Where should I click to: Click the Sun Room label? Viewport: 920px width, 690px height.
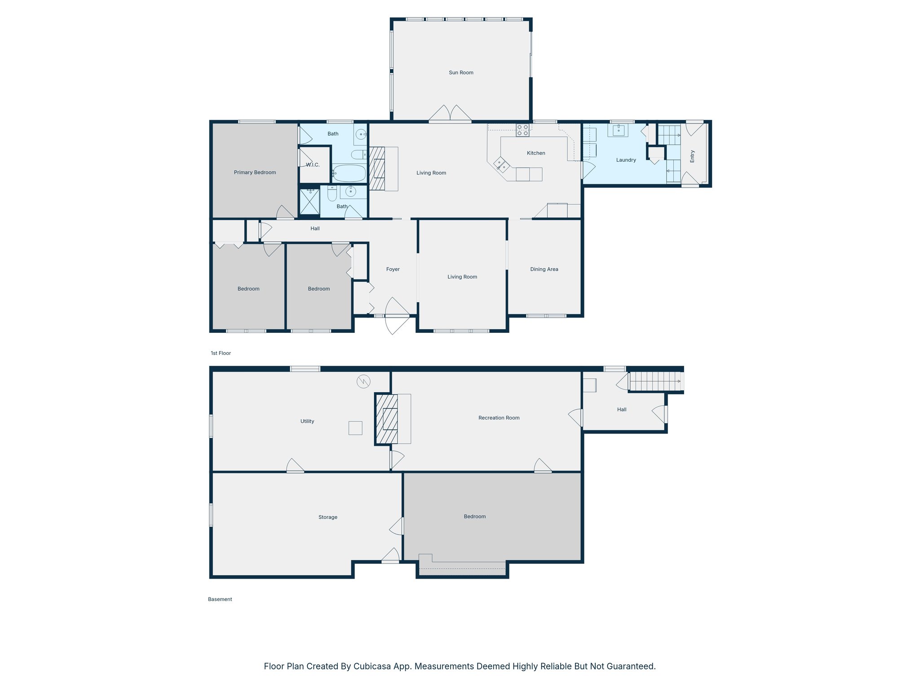461,72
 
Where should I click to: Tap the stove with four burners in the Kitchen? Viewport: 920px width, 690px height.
522,130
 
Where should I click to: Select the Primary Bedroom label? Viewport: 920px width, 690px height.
255,172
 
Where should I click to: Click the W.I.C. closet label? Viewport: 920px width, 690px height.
313,165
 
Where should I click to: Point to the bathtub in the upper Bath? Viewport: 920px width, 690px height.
349,173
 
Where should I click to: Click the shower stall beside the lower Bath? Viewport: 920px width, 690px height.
309,202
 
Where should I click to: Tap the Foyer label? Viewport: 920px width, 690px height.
393,270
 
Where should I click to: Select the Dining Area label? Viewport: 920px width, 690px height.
544,270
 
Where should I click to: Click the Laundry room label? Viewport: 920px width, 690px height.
626,160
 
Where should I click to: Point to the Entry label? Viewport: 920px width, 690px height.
692,156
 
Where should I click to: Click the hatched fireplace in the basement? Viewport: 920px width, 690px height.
387,420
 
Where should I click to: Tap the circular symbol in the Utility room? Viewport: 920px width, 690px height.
363,382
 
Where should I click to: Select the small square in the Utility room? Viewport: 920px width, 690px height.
355,428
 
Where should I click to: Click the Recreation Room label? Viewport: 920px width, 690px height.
499,418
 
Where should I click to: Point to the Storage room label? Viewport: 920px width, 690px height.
327,517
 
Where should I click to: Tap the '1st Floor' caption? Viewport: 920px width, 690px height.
221,353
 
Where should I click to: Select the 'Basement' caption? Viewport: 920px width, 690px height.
220,599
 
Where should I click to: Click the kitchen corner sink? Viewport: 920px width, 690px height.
502,165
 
